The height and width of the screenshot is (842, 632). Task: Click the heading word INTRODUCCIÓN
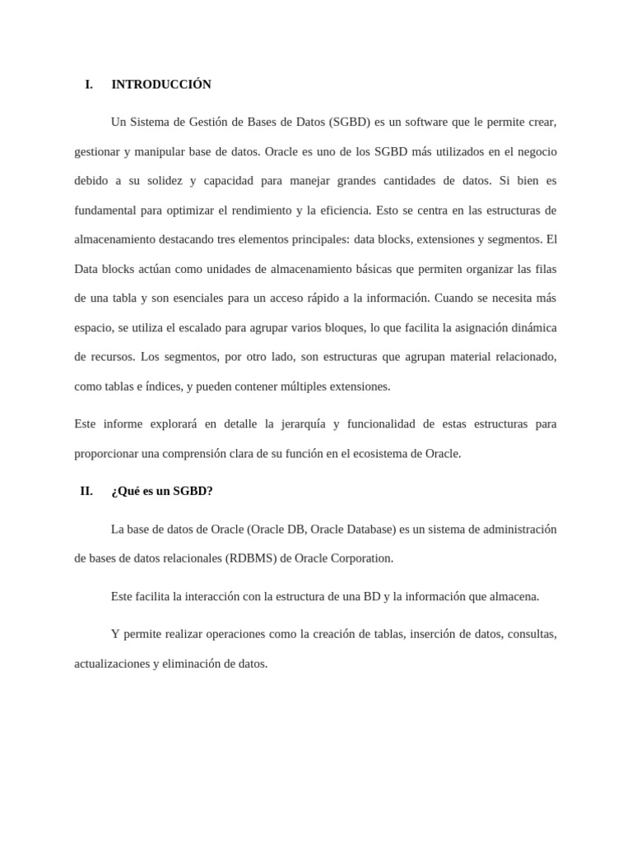point(161,85)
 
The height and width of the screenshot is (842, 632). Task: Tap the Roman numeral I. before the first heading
point(89,85)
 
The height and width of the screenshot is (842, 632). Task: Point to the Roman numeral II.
point(86,492)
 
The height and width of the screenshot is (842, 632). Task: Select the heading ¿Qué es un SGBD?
point(162,492)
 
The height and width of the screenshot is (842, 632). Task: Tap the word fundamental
point(105,210)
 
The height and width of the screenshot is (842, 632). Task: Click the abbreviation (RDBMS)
point(250,558)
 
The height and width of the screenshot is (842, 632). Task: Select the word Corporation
point(360,558)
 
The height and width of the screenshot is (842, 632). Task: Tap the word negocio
point(535,152)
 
